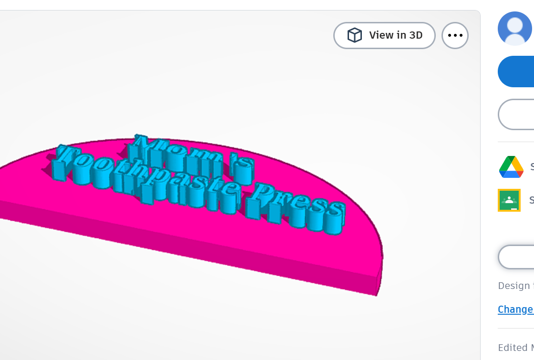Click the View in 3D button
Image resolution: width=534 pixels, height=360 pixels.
[x=384, y=35]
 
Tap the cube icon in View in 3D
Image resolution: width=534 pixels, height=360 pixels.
[x=354, y=35]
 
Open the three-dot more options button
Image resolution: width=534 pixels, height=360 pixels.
[x=455, y=35]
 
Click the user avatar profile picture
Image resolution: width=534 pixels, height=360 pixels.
[x=515, y=29]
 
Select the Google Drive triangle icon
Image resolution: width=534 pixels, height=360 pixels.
[x=511, y=167]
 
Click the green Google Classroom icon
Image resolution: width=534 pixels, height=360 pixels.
[x=509, y=200]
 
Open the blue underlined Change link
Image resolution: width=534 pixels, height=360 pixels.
[x=515, y=309]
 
